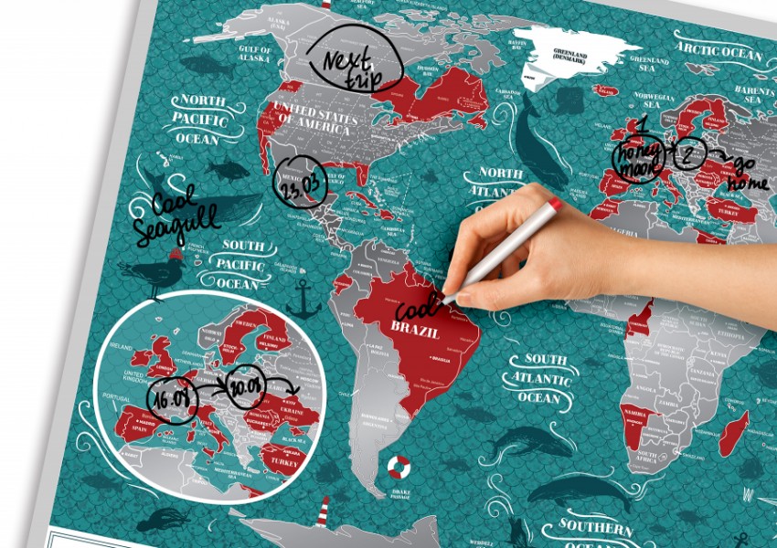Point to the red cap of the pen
[x=554, y=204]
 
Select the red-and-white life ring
[x=398, y=468]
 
